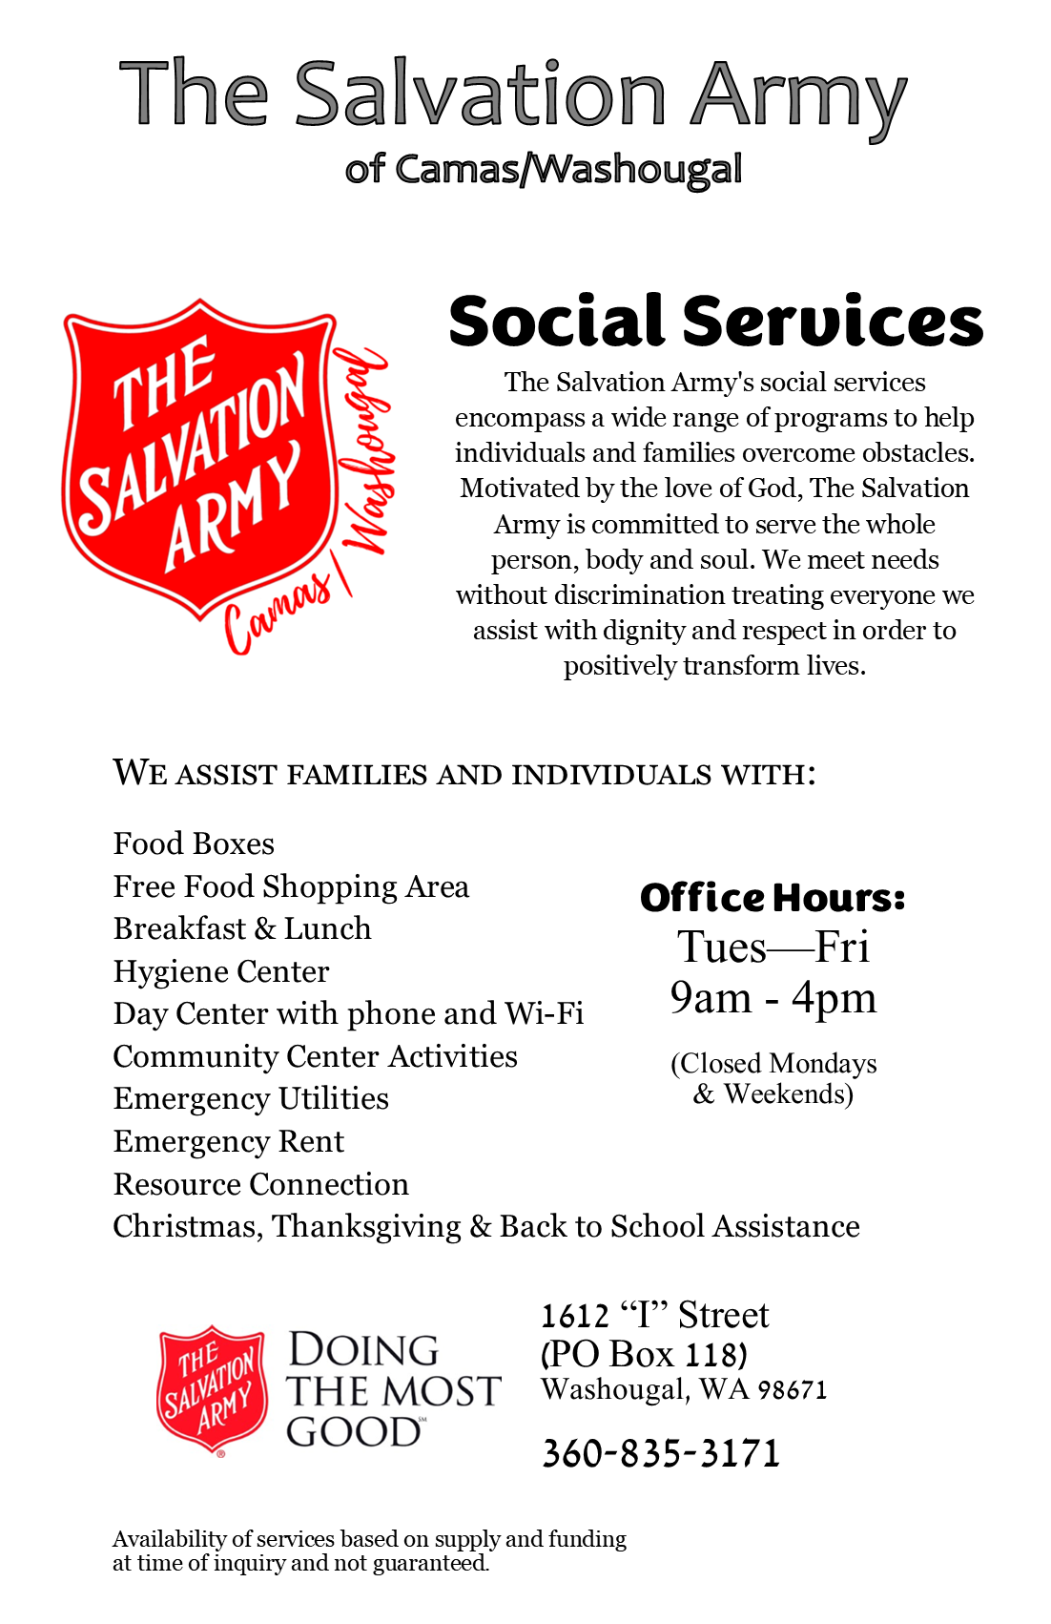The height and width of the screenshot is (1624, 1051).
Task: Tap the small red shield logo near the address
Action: (x=211, y=1388)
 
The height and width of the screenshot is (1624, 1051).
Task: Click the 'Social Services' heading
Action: (x=715, y=322)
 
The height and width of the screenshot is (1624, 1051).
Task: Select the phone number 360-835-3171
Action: (x=661, y=1453)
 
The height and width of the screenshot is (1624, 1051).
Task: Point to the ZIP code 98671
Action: (x=792, y=1390)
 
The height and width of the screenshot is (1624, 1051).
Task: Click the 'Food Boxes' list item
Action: (x=194, y=843)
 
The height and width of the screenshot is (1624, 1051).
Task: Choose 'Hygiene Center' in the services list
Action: (x=221, y=971)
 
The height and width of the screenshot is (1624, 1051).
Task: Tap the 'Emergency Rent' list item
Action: (x=229, y=1141)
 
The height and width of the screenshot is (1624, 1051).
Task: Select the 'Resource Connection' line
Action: (x=261, y=1184)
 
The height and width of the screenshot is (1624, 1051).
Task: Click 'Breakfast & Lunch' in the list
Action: (x=242, y=928)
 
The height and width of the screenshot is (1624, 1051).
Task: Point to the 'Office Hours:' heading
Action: (x=773, y=898)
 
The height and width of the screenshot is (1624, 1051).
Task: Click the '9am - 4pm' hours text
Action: (x=773, y=998)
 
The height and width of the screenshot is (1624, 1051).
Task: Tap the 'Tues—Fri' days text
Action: (x=773, y=947)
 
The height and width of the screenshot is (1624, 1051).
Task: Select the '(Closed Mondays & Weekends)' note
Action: (x=773, y=1078)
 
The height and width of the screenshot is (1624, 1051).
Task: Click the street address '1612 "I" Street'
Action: (x=654, y=1315)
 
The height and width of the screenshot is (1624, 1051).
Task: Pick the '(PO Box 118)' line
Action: (x=644, y=1354)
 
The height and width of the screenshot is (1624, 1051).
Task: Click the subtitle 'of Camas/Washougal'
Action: (x=544, y=169)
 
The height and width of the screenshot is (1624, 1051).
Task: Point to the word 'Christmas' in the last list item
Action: (x=187, y=1226)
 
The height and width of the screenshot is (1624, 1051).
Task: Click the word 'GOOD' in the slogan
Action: (x=353, y=1432)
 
